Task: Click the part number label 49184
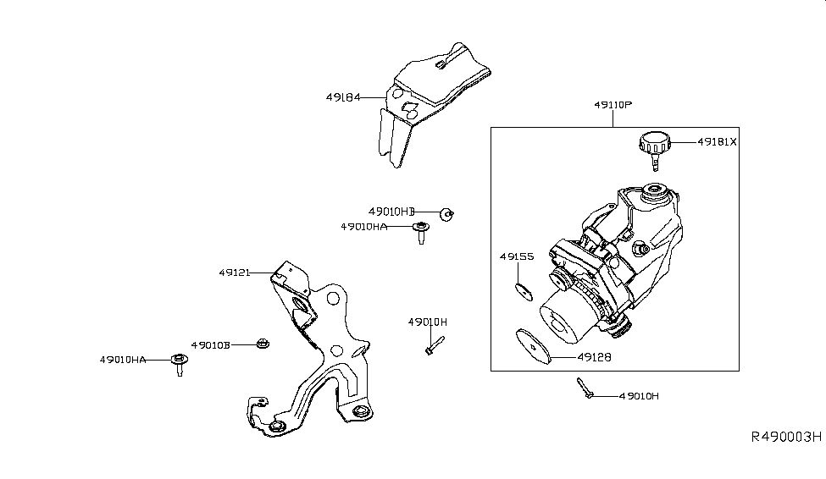click(343, 97)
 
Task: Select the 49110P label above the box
click(613, 105)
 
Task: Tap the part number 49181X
click(718, 142)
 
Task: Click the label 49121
click(236, 273)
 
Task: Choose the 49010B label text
click(210, 344)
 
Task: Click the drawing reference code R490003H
click(786, 438)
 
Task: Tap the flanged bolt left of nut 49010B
click(179, 363)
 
